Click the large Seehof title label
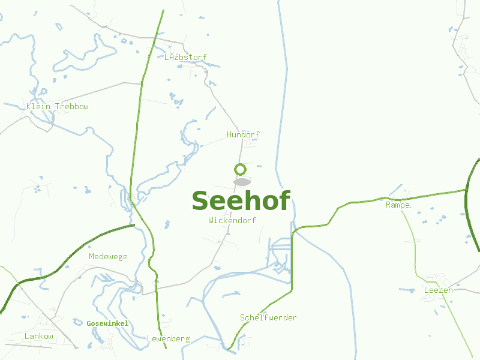241,201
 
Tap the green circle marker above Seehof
240,170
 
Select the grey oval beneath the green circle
241,182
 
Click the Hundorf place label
243,134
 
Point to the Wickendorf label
232,220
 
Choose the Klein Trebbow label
58,107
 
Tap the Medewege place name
108,257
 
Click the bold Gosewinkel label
107,323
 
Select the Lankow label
39,337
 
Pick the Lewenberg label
168,339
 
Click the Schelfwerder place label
268,318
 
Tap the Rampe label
398,205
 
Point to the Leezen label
438,290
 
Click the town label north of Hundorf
185,58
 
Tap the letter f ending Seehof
284,200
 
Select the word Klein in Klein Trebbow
38,107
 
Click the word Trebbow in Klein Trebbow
71,107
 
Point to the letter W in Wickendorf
211,220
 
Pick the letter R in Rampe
388,205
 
